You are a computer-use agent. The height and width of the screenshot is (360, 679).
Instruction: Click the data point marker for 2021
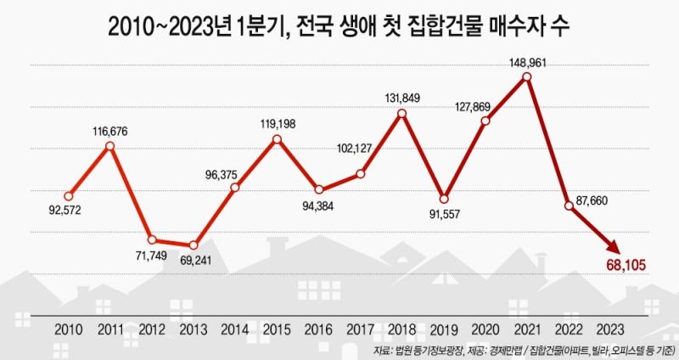[527, 77]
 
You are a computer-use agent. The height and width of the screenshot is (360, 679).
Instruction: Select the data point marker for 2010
[69, 196]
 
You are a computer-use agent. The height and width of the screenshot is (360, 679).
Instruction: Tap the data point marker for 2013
[194, 245]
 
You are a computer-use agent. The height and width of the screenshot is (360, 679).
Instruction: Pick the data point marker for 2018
[402, 113]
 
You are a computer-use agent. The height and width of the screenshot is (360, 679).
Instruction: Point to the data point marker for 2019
[444, 197]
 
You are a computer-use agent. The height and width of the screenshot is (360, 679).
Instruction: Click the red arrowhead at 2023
[610, 246]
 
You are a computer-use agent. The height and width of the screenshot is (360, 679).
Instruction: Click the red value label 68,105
[626, 266]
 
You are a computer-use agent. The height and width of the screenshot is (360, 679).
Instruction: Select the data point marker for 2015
[277, 138]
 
